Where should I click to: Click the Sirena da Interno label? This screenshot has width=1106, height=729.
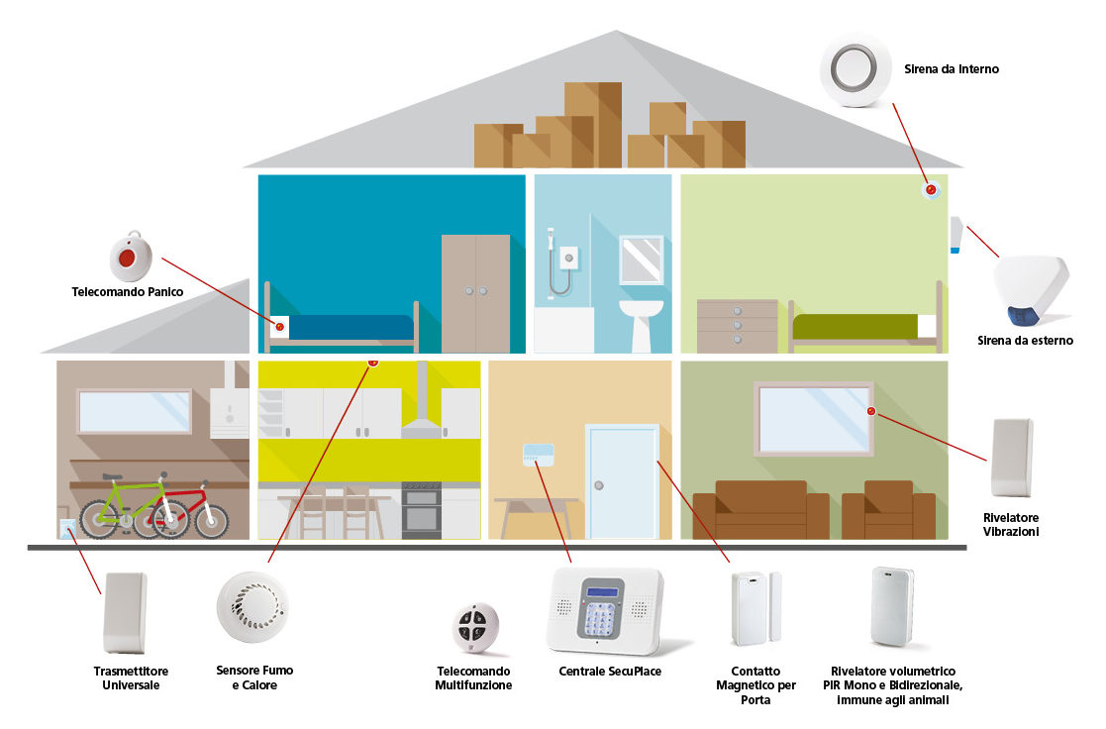951,69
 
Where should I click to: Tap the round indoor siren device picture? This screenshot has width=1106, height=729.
856,69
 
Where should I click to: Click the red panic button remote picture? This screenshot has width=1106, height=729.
126,258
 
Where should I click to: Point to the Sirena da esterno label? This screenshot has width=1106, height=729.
1025,340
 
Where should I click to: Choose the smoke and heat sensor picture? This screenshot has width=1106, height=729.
252,606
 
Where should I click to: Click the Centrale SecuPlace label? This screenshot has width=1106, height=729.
609,671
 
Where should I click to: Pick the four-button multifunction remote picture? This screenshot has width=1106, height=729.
476,626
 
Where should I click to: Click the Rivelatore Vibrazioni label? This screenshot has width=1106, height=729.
1011,524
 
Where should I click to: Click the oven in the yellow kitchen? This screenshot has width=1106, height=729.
421,511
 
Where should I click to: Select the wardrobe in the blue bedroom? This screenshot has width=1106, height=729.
475,293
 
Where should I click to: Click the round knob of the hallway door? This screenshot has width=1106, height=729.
598,486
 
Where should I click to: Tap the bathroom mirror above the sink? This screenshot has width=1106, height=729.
642,260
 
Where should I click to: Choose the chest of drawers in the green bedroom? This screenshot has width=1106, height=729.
737,326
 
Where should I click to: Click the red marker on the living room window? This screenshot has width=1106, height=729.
871,411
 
